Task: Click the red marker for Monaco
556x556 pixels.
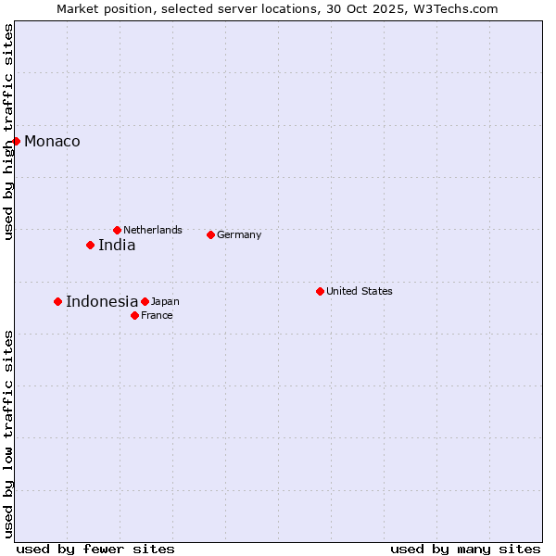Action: coord(16,141)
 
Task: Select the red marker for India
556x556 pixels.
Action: coord(90,245)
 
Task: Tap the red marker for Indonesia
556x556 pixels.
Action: coord(57,301)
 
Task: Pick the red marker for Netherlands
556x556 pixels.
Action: coord(117,230)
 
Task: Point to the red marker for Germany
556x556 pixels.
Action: coord(210,234)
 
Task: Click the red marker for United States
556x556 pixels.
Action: coord(320,291)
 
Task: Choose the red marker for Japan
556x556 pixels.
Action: coord(145,301)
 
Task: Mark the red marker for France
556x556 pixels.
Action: coord(134,315)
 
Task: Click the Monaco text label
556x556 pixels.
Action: coord(52,142)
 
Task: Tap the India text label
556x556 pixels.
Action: coord(117,246)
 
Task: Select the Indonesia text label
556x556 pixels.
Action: coord(102,301)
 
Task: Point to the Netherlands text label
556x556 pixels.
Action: coord(153,230)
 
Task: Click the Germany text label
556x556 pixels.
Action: coord(239,234)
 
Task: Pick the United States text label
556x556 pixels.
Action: coord(360,291)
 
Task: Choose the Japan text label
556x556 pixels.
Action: coord(165,301)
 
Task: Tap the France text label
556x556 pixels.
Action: coord(157,315)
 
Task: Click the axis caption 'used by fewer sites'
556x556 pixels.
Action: coord(95,549)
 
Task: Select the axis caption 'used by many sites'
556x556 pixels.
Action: coord(465,549)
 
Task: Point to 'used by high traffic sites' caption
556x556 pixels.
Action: coord(8,132)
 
